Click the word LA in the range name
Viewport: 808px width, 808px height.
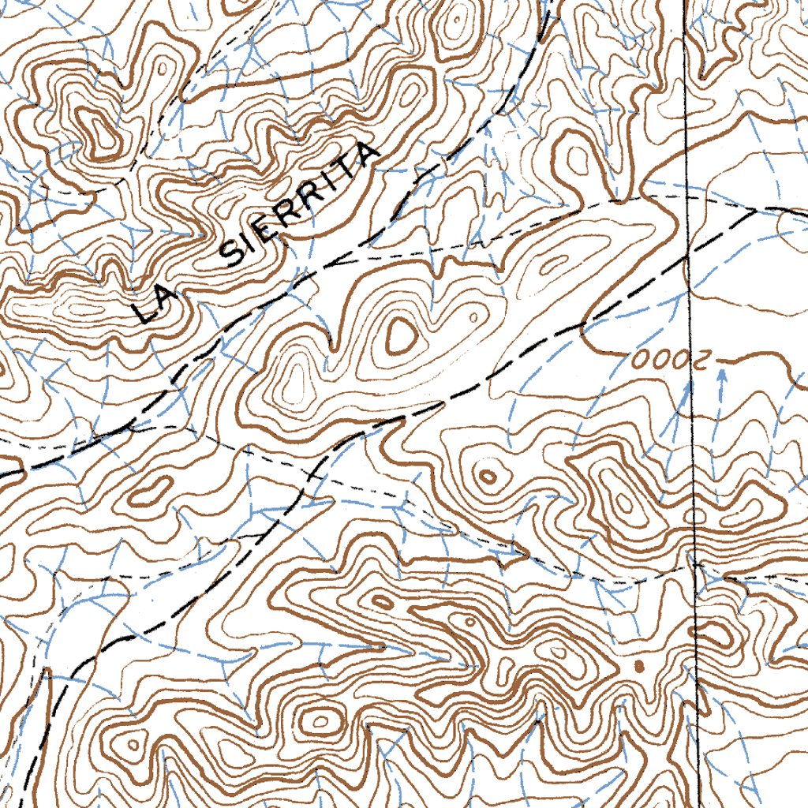(151, 305)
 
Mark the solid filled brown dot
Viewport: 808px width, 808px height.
(639, 667)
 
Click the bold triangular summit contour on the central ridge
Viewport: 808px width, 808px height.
(399, 336)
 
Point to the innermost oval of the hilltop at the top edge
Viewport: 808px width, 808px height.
(456, 24)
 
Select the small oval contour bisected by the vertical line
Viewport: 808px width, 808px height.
(694, 516)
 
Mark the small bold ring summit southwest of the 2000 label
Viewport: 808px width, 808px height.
(487, 476)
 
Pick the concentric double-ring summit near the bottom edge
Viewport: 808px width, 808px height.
(320, 720)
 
